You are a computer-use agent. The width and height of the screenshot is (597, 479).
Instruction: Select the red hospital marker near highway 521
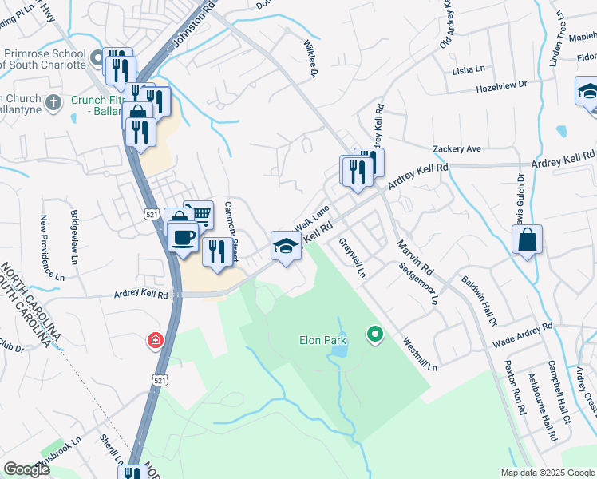coord(154,342)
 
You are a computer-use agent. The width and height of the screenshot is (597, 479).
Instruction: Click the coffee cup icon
coord(184,236)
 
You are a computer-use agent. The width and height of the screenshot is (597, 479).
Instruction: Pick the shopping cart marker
coord(200,213)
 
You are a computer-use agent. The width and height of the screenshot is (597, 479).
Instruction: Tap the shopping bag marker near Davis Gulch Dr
coord(528,239)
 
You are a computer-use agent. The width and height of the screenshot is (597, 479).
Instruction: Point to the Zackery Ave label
coord(457,149)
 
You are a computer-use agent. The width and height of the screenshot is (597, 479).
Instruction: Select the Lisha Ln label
coord(469,70)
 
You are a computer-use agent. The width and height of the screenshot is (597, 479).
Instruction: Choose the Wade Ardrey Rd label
coord(523,335)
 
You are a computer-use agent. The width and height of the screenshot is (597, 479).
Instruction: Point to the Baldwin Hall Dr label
coord(479,301)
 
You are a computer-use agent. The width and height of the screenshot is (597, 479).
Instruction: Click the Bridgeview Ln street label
coord(73,237)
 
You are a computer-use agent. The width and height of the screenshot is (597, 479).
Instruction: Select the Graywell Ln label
coord(351,257)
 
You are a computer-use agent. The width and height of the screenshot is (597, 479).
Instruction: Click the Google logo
coord(27,469)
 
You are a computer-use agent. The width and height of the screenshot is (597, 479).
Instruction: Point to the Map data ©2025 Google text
coord(546,472)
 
